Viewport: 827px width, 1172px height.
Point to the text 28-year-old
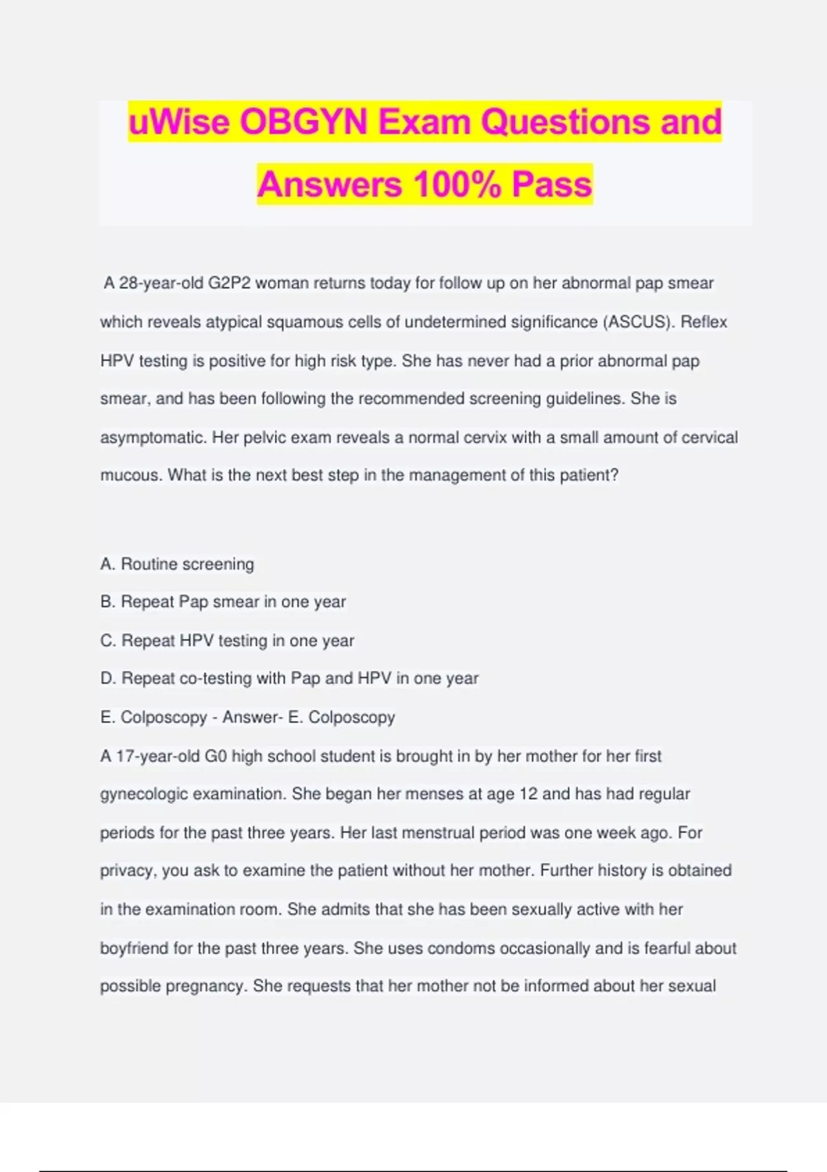coord(159,283)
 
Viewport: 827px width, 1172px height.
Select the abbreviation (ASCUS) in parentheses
coord(638,322)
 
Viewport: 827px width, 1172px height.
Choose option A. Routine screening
coord(177,564)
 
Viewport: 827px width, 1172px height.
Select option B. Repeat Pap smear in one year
coord(223,602)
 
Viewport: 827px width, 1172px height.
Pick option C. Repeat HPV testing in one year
coord(227,640)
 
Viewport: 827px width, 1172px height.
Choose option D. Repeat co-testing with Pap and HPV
coord(289,678)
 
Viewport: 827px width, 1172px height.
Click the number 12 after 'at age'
coord(528,794)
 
